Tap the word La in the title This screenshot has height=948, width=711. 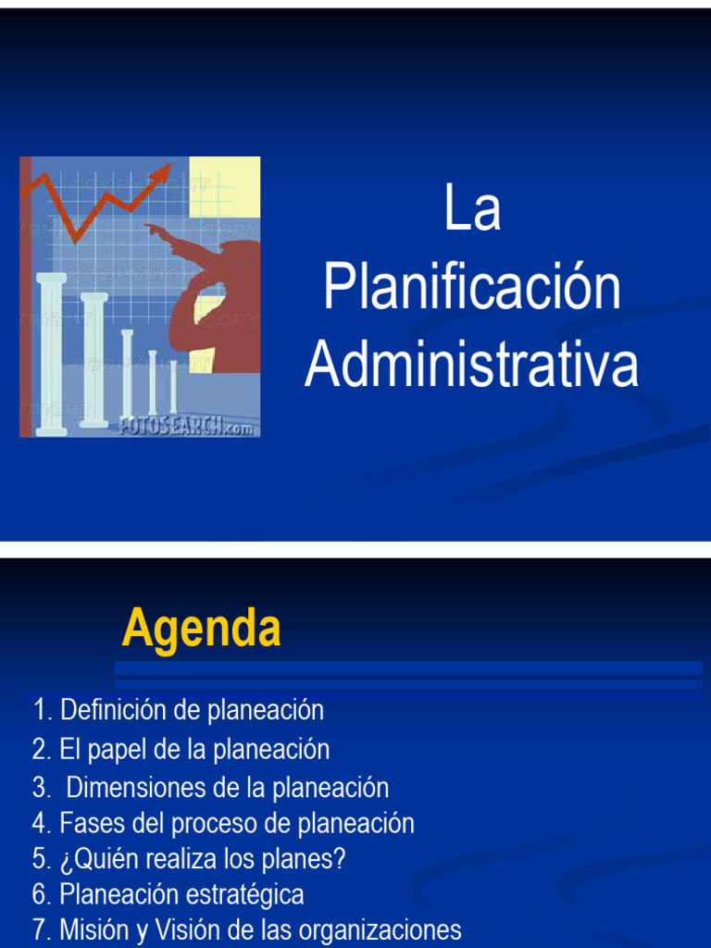point(471,209)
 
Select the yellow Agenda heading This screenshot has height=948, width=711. point(201,630)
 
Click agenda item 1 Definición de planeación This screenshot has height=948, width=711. point(178,711)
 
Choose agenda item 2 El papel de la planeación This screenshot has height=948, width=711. point(181,749)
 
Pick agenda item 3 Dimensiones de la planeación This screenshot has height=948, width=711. point(210,788)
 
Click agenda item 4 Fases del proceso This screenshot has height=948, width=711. point(222,823)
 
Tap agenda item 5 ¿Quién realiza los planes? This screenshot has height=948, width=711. point(188,859)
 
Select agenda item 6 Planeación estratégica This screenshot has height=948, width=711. point(168,895)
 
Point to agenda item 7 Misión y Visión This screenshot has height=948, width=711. point(246,929)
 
